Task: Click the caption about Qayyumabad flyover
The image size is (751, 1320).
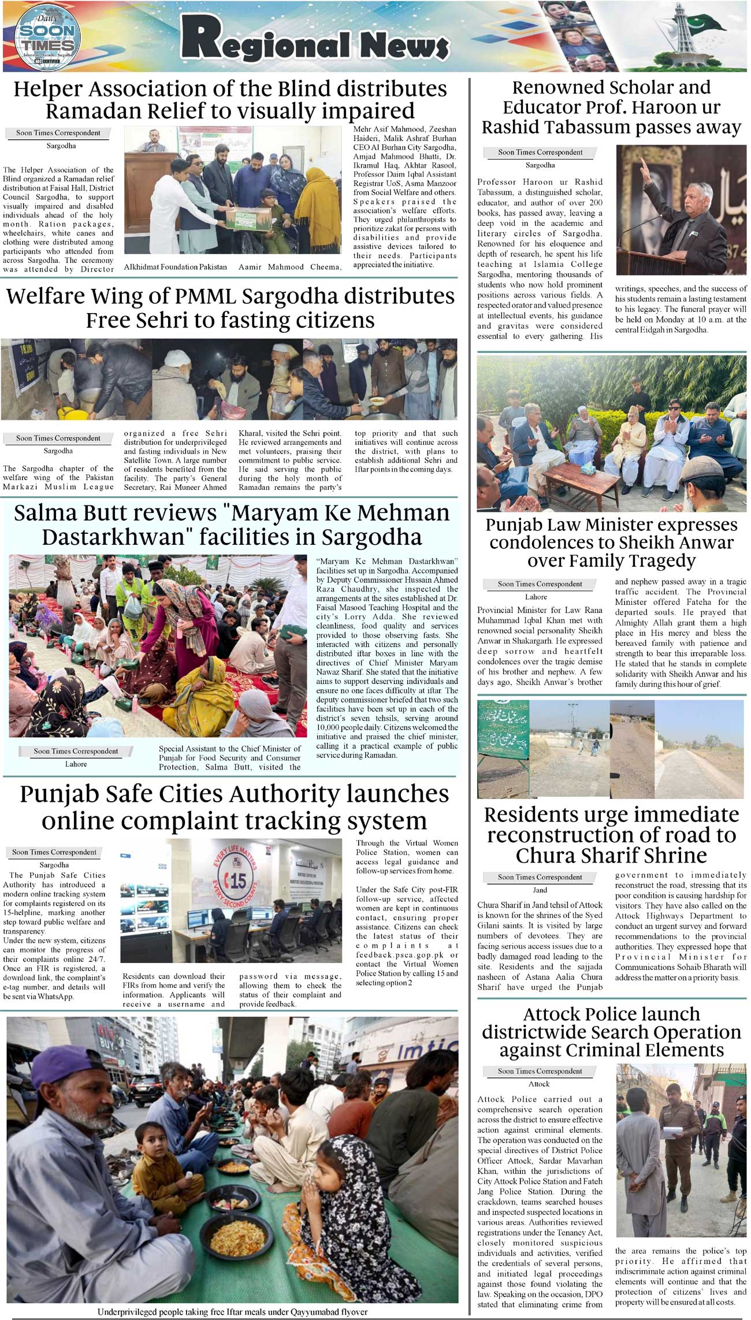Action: coord(232,1311)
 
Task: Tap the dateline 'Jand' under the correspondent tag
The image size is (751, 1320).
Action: coord(540,890)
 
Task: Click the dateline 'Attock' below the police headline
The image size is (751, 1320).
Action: coord(539,1084)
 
